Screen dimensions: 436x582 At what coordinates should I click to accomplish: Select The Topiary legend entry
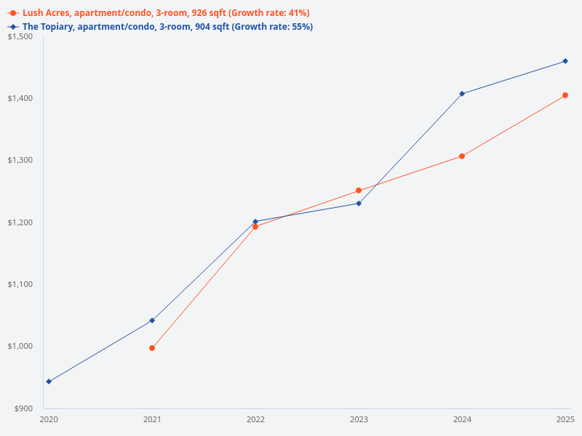(x=160, y=27)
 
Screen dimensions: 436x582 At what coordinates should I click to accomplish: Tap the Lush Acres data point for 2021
(x=152, y=348)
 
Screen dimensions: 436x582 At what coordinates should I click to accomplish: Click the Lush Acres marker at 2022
(x=255, y=227)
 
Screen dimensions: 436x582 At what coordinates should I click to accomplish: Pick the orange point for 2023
(x=359, y=190)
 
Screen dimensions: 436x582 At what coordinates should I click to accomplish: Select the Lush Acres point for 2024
(x=462, y=156)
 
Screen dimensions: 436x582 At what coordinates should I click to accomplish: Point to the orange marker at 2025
(x=565, y=95)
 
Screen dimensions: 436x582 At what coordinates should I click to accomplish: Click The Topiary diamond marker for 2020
(x=49, y=381)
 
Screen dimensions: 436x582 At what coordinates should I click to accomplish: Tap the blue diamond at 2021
(x=152, y=320)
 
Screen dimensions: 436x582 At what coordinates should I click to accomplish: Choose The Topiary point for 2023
(x=359, y=203)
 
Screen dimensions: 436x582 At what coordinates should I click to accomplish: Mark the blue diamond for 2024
(x=462, y=94)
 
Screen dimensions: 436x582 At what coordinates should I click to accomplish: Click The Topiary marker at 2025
(x=565, y=61)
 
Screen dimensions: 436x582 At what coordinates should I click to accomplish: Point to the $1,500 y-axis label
(x=20, y=36)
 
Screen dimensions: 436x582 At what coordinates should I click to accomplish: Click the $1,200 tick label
(x=20, y=222)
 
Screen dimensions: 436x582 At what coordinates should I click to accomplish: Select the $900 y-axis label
(x=23, y=408)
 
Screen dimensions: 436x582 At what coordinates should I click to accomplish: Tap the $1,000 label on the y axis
(x=20, y=347)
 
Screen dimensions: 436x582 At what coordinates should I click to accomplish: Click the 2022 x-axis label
(x=255, y=420)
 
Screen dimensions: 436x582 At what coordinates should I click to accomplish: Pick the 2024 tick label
(x=462, y=420)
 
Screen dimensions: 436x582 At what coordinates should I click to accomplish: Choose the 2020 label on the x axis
(x=49, y=420)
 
